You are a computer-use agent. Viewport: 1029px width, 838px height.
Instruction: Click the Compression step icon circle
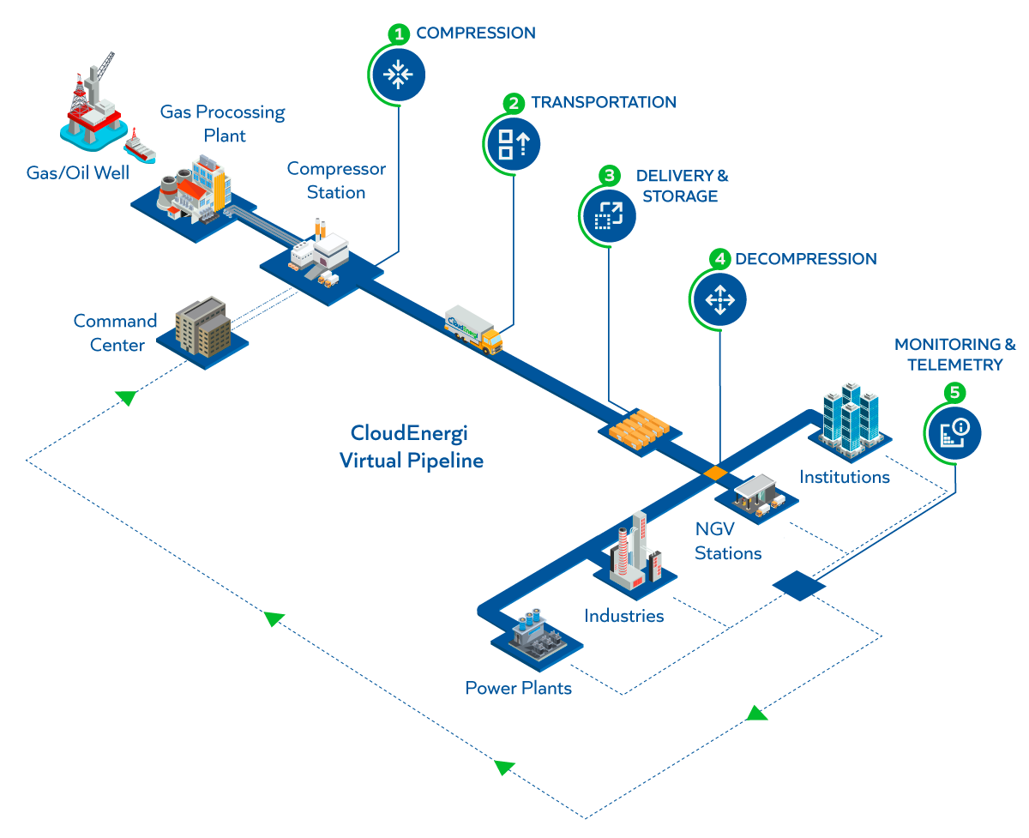pyautogui.click(x=397, y=75)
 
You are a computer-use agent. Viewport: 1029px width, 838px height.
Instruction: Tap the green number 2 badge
pyautogui.click(x=514, y=103)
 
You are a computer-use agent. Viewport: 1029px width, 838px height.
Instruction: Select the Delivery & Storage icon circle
pyautogui.click(x=608, y=214)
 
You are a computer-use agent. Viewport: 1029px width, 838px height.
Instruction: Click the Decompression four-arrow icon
pyautogui.click(x=719, y=300)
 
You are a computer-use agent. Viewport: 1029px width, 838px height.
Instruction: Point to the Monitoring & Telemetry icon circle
pyautogui.click(x=954, y=428)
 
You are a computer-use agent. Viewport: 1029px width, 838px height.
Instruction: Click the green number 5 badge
pyautogui.click(x=954, y=392)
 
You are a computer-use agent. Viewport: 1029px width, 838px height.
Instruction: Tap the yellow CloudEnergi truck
pyautogui.click(x=474, y=331)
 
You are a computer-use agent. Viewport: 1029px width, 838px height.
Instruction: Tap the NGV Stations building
pyautogui.click(x=756, y=496)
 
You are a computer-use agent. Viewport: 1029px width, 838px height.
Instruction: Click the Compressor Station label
pyautogui.click(x=336, y=181)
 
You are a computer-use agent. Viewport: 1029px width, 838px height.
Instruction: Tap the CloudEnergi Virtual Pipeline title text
pyautogui.click(x=411, y=447)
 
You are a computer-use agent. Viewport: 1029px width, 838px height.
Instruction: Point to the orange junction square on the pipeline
pyautogui.click(x=714, y=473)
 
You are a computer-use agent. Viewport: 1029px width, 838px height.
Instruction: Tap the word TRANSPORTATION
pyautogui.click(x=603, y=102)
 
